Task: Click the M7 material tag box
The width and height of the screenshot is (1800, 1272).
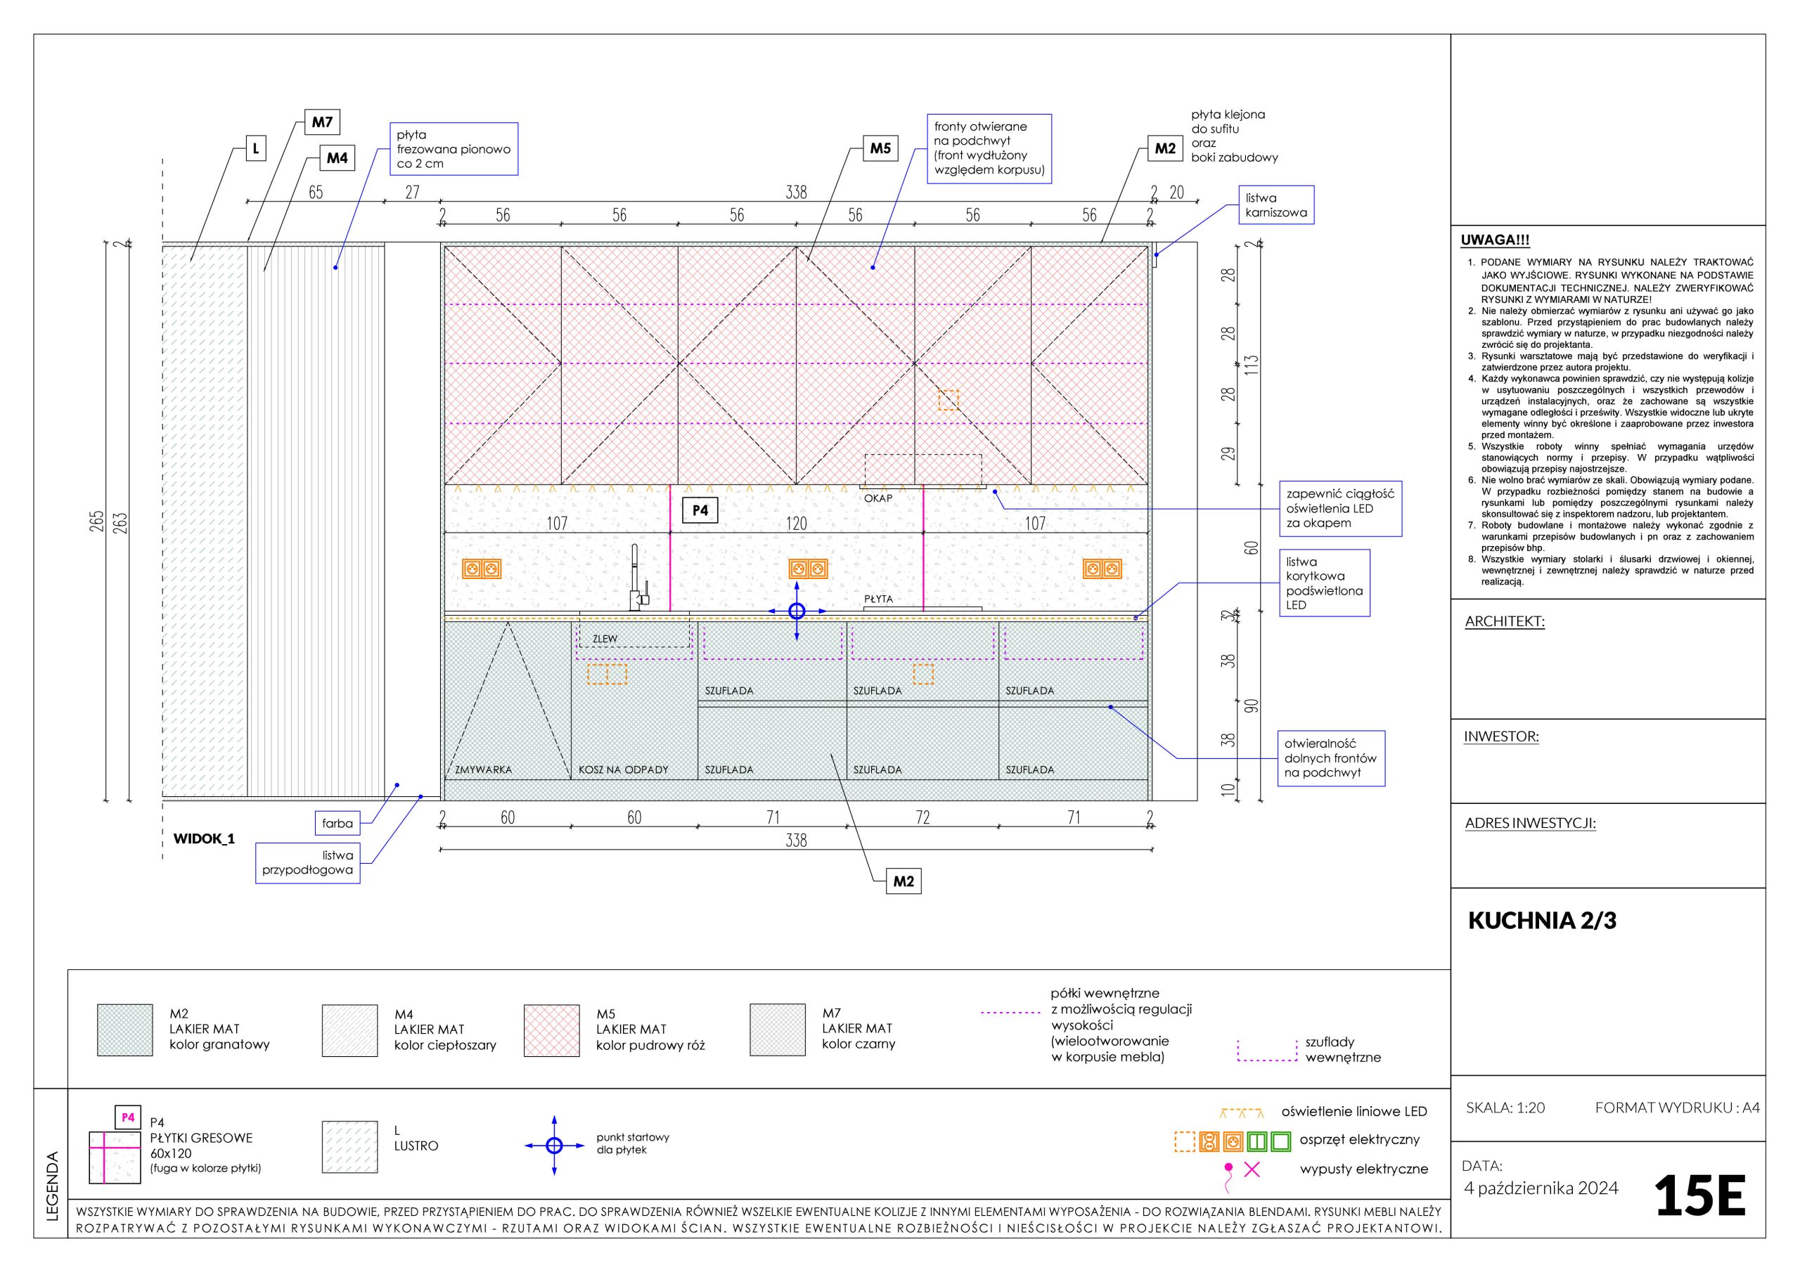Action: click(322, 122)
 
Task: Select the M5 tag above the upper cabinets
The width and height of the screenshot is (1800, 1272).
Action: click(880, 148)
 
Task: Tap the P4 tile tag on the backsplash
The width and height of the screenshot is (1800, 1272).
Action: click(700, 510)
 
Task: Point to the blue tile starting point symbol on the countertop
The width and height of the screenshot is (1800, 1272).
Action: click(797, 611)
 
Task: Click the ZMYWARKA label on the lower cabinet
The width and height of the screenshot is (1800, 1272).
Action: click(484, 770)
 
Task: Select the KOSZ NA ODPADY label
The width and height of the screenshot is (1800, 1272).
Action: click(623, 770)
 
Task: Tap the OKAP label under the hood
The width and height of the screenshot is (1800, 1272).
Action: click(878, 498)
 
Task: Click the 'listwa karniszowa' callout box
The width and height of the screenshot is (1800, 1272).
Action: click(1275, 205)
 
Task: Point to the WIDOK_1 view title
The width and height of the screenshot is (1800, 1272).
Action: click(204, 838)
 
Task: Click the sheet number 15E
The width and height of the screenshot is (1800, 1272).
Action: click(1699, 1196)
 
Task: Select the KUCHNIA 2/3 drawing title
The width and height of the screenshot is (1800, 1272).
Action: click(1541, 920)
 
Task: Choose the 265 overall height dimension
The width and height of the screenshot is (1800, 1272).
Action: click(97, 521)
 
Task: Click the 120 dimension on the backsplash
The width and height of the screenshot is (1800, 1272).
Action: click(796, 523)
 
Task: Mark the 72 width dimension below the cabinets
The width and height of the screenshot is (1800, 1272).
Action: click(922, 817)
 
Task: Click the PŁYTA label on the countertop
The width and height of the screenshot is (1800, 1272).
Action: click(878, 599)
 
